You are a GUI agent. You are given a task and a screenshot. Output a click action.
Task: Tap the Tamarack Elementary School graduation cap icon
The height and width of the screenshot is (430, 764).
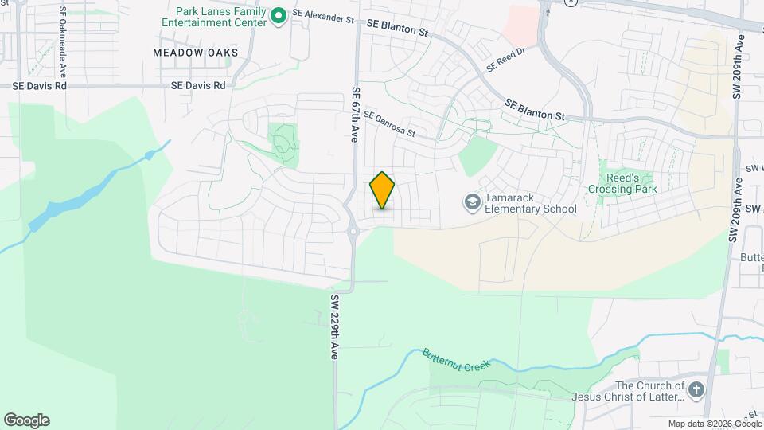(x=472, y=202)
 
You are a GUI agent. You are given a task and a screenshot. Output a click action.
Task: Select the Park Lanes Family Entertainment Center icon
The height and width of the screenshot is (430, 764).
(x=279, y=16)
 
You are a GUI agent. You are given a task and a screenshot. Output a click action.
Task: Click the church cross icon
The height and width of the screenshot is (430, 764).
(x=696, y=389)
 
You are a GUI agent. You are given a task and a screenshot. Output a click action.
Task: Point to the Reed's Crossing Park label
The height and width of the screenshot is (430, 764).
(x=622, y=184)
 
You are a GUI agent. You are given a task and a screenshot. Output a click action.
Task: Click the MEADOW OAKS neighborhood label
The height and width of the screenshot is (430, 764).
(x=196, y=53)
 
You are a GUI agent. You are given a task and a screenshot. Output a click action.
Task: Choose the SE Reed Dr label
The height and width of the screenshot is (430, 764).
(x=506, y=60)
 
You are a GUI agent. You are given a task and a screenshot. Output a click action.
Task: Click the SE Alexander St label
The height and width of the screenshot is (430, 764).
(x=322, y=15)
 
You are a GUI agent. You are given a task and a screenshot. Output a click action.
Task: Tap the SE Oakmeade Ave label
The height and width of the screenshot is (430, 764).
(x=61, y=36)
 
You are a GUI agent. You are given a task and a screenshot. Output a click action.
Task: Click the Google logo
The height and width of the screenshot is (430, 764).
(x=26, y=420)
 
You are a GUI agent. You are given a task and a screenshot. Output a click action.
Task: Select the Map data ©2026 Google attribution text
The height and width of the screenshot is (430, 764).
(x=713, y=424)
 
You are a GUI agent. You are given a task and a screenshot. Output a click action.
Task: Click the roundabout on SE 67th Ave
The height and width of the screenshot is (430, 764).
(x=353, y=232)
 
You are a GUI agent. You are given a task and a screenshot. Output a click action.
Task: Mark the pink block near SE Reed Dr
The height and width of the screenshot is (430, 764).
(x=522, y=24)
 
